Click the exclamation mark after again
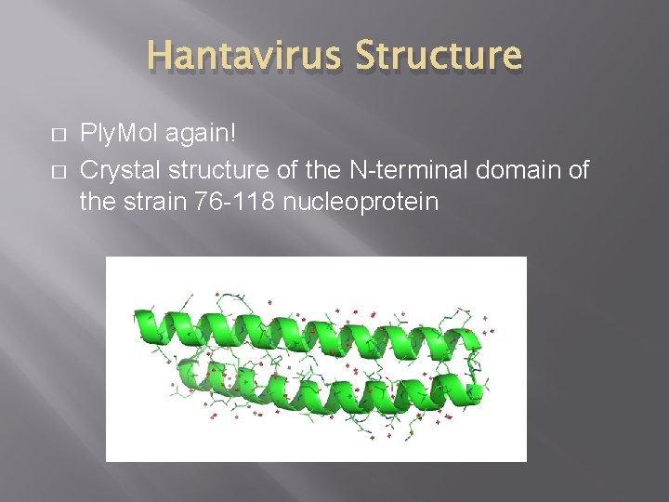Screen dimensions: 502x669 point(233,134)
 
